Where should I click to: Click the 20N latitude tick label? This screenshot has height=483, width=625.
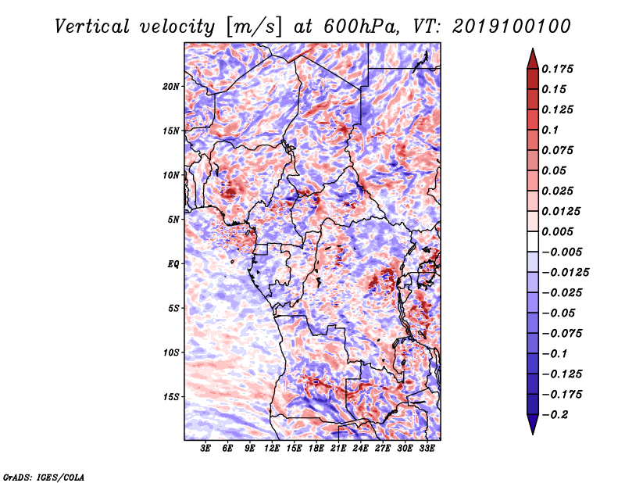point(171,87)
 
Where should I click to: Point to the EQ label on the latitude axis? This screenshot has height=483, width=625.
point(173,264)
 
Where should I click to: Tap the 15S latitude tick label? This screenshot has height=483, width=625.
point(171,397)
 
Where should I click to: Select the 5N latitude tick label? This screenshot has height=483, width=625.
point(173,220)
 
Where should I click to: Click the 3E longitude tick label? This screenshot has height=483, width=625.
point(205,449)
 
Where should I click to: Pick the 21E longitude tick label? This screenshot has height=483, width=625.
point(338,449)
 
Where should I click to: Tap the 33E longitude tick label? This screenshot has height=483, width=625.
point(427,449)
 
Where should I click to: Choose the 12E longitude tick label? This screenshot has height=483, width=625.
point(272,449)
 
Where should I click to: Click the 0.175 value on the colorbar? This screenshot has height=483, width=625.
point(557,69)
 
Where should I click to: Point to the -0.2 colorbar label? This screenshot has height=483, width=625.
point(555,415)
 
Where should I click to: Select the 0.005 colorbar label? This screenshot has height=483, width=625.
point(557,231)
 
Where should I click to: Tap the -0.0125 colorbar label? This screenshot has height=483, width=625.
point(565,273)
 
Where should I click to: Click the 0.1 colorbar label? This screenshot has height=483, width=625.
point(550,130)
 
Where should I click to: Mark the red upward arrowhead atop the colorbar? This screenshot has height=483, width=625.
point(533,59)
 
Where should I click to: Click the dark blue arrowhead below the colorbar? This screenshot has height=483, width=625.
point(533,424)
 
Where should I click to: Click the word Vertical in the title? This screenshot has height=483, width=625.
point(92,27)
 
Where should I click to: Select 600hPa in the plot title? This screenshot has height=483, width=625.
point(361,27)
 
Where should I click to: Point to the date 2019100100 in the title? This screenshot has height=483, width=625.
point(512,27)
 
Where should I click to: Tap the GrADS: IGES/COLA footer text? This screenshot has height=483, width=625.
point(44,477)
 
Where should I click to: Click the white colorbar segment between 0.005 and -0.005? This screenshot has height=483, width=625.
point(533,241)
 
